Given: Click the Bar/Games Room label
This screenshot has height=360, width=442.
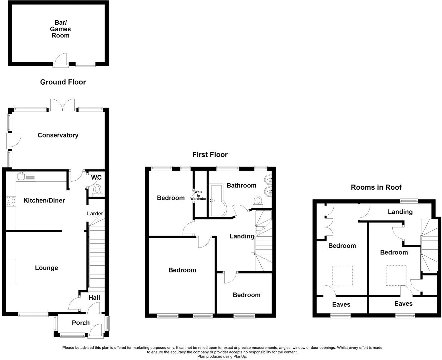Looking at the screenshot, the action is coord(61,29).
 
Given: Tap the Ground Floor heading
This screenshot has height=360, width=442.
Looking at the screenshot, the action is coord(63,82).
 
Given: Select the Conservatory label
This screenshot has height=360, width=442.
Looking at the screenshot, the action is coord(58,135).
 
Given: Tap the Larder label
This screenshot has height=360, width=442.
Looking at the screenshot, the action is coord(95,214).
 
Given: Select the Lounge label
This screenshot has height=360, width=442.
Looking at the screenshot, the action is coord(47,268).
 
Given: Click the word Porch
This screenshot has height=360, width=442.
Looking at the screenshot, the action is coord(81,323).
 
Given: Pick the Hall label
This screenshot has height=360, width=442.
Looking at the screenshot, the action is coord(94,298).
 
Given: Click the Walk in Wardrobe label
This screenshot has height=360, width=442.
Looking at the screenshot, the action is coord(198,195).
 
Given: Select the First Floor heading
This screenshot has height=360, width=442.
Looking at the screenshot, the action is coord(210,155).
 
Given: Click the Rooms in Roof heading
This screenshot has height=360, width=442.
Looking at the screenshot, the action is coord(376,187).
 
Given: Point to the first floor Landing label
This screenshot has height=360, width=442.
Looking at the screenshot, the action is coord(242,236).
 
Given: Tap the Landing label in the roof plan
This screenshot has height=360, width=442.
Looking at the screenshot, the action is coord(400,212).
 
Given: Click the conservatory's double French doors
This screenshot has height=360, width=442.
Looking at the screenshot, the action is coord(63,105).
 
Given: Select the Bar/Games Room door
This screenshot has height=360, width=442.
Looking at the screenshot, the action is coord(61,60).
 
